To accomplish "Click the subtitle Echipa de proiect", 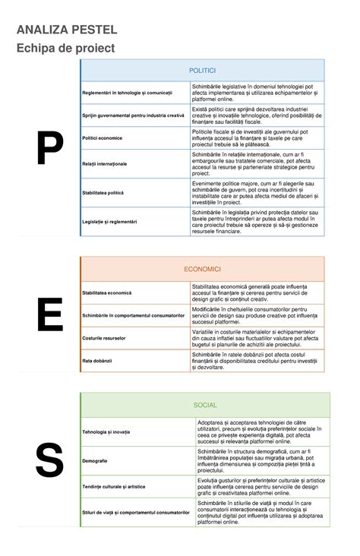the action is coord(65,48).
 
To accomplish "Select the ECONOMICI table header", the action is coord(202,269).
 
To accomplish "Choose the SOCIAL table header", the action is coord(205,405).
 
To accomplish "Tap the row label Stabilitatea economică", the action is coord(107,292).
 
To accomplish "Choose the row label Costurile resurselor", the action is coord(104,337).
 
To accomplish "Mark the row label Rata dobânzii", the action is coord(97,360).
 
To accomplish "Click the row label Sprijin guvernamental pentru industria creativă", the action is coord(134,115).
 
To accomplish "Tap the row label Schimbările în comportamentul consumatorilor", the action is coord(134,314).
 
